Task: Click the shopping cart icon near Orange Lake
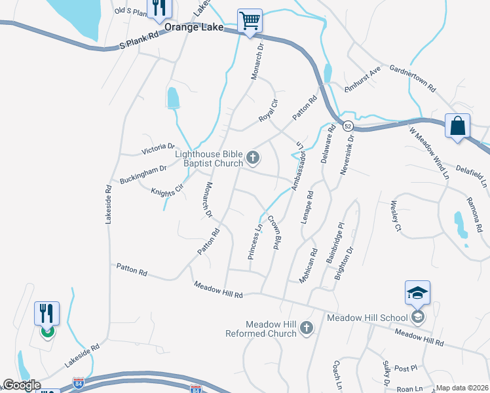pos(250,21)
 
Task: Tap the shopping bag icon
pos(457,126)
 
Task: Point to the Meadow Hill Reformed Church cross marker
pos(306,328)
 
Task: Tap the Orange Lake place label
pos(194,28)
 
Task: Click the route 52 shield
pos(348,125)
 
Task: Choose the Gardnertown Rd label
pos(413,77)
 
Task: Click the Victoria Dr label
pos(159,150)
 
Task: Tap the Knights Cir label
pos(167,187)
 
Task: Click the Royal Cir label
pos(269,111)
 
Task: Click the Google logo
pos(21,385)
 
